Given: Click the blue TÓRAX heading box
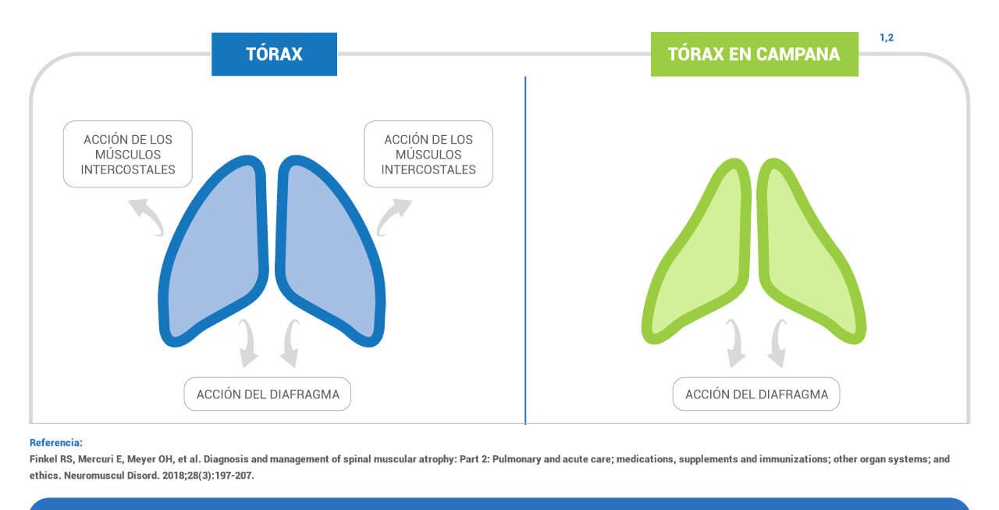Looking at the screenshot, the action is [x=274, y=54].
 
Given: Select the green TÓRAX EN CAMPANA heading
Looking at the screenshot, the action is [x=754, y=54].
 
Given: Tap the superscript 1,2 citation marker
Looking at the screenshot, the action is [x=887, y=37].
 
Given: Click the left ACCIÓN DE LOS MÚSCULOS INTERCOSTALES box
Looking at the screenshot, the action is [x=128, y=154].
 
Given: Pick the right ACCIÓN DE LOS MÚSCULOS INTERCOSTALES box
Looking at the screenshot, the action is [x=428, y=154].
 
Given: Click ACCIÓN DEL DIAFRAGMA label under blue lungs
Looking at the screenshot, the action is [x=268, y=394].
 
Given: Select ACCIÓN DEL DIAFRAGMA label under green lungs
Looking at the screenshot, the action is [x=756, y=394].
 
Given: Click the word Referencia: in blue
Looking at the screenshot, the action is [x=56, y=443].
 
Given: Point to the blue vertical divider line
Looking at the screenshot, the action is [x=525, y=250].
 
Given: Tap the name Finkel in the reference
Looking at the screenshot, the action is [x=43, y=459].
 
